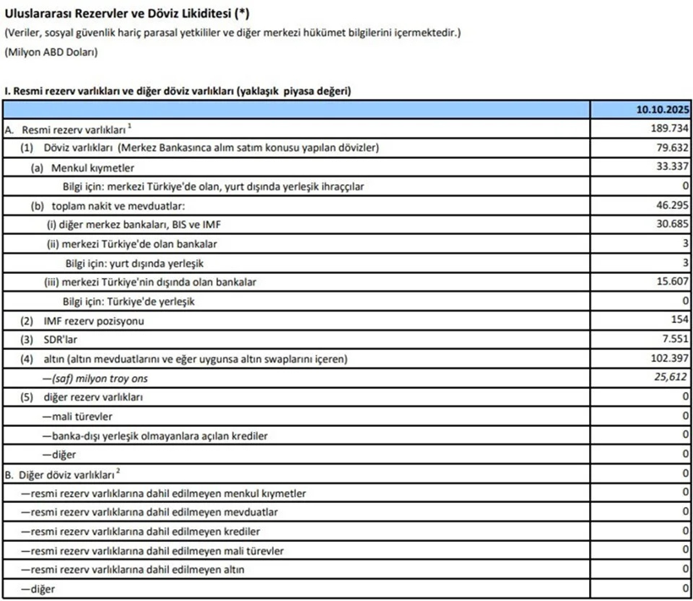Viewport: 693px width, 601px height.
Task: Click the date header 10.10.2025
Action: (x=663, y=109)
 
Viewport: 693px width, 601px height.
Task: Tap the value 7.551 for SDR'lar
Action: (x=674, y=340)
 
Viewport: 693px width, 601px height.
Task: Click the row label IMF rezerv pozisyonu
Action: (x=88, y=321)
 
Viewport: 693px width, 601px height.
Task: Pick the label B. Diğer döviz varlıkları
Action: (x=64, y=474)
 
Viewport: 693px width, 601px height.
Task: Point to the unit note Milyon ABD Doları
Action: (x=51, y=52)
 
